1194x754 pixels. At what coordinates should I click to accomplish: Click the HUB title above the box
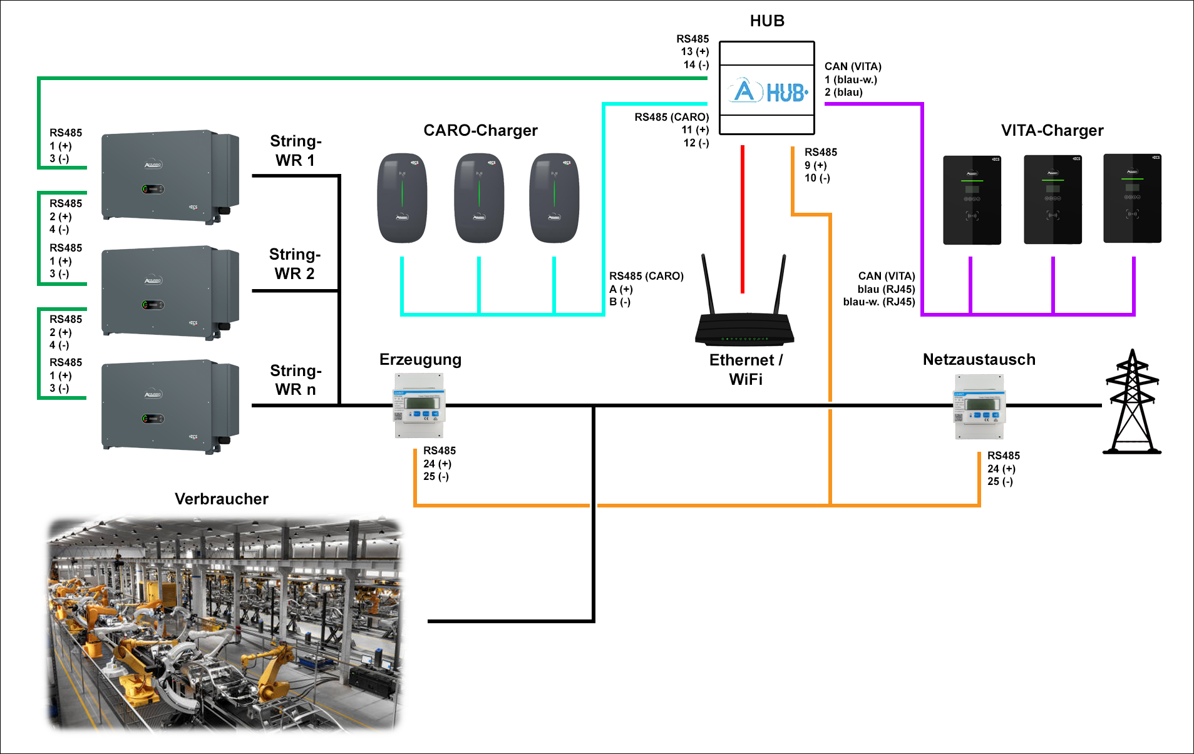(767, 21)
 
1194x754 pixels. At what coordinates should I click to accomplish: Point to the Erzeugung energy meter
(419, 405)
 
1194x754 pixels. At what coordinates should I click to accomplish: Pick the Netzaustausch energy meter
(979, 407)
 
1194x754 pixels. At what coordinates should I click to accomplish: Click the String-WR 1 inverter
(170, 176)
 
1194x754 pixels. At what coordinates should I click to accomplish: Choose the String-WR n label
(296, 380)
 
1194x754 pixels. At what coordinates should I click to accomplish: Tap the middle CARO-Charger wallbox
(479, 198)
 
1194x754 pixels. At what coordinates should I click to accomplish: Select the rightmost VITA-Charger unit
(1132, 198)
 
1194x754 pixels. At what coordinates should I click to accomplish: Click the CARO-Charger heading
(480, 130)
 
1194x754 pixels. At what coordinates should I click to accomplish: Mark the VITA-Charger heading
(1052, 130)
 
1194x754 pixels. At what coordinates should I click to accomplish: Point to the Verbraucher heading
(222, 499)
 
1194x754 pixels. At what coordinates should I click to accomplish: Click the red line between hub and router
(743, 219)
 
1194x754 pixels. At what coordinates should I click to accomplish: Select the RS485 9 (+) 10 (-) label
(820, 165)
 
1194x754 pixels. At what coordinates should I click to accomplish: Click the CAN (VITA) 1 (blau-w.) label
(852, 79)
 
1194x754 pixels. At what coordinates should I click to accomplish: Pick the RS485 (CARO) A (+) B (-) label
(646, 289)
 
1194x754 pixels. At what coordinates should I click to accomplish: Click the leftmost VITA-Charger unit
(972, 200)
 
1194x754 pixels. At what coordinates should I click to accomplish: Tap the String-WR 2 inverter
(170, 292)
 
